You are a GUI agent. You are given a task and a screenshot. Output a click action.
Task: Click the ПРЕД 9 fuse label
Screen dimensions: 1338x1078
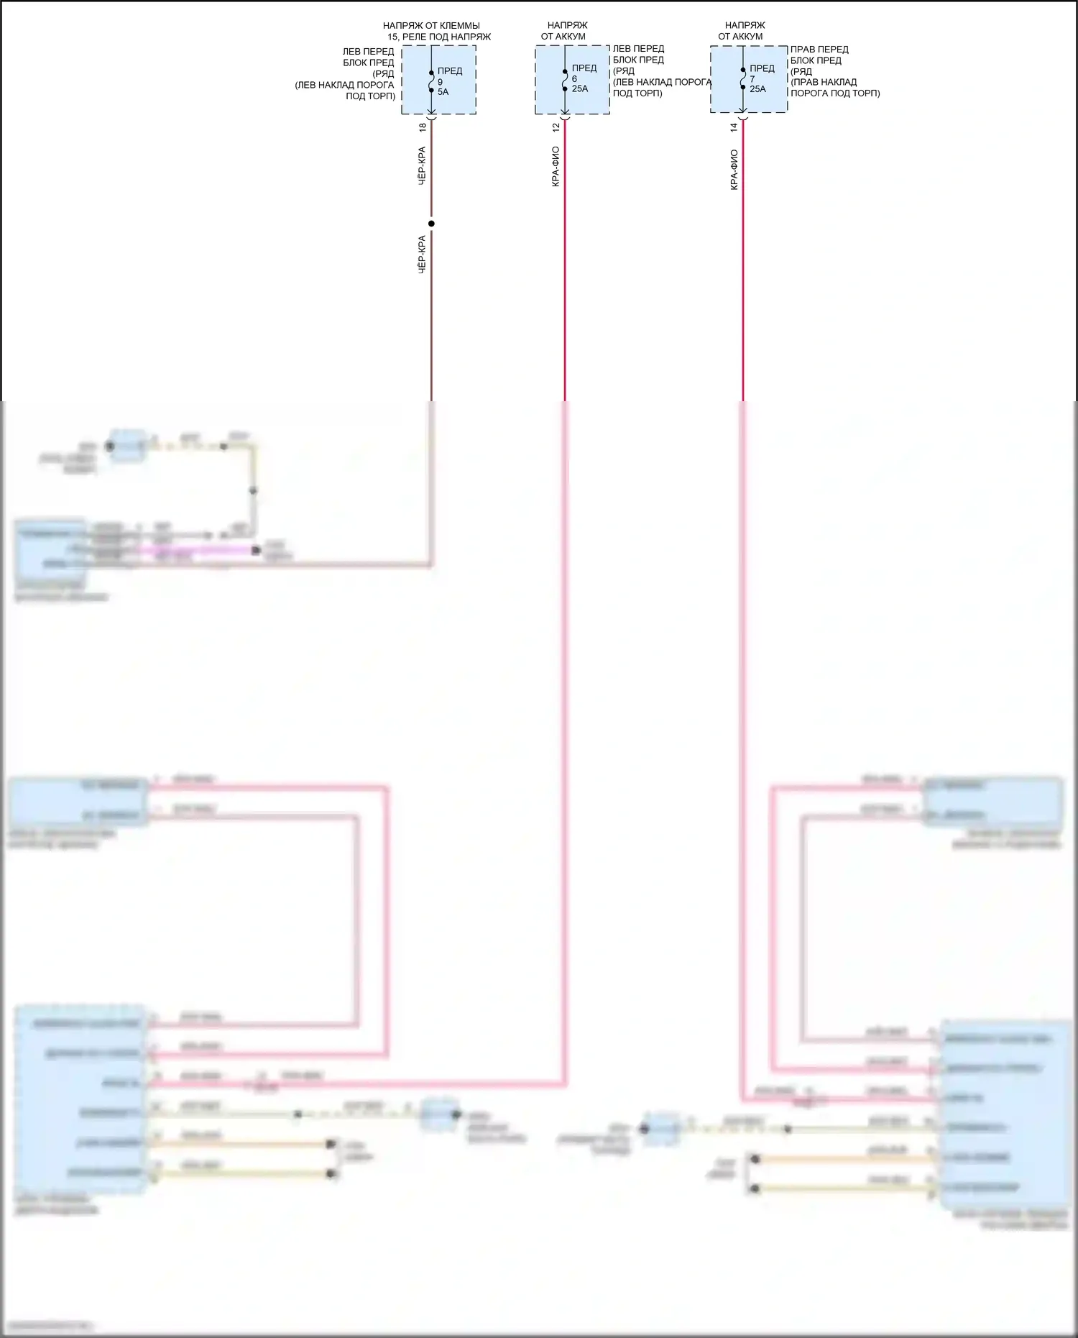pos(449,76)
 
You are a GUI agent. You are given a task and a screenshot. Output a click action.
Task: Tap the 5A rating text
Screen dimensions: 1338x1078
pos(443,92)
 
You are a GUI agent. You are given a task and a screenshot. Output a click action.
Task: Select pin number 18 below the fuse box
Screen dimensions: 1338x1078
pos(423,127)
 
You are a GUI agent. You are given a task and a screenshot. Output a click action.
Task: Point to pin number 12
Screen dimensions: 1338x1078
pos(556,127)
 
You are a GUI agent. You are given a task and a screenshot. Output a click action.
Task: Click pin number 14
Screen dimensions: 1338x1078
pos(734,127)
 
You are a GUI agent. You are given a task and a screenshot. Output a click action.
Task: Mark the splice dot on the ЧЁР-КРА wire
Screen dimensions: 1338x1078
pos(431,224)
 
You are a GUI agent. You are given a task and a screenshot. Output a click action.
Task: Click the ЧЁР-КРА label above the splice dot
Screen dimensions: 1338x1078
pos(423,166)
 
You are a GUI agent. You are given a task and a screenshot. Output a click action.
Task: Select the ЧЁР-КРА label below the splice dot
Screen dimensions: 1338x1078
pos(423,254)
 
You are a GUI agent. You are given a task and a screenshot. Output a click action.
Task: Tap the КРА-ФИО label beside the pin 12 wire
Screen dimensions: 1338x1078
pos(556,168)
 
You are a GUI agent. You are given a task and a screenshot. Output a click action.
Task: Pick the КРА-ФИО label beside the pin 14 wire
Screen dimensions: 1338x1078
pos(734,169)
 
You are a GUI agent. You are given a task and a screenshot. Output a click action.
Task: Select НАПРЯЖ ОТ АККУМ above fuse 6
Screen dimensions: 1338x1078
pos(565,31)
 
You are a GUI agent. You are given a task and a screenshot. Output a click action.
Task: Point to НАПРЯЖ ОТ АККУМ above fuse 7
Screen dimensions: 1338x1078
pos(742,31)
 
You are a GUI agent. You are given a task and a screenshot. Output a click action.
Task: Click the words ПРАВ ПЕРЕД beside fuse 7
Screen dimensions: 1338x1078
pos(819,50)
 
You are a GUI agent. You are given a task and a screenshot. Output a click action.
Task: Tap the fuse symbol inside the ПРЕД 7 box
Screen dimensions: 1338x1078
pos(743,78)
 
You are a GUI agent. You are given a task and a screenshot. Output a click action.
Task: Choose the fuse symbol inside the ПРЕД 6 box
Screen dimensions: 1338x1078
pos(565,79)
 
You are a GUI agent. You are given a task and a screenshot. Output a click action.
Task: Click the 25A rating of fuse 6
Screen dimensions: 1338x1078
pos(580,89)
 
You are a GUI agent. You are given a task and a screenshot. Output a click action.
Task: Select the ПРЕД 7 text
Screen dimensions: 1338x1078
pos(762,73)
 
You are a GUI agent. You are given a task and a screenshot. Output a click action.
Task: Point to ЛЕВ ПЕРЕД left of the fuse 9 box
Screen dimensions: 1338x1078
pos(368,52)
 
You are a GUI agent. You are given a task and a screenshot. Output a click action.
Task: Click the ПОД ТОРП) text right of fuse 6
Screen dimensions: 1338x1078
pos(637,93)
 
